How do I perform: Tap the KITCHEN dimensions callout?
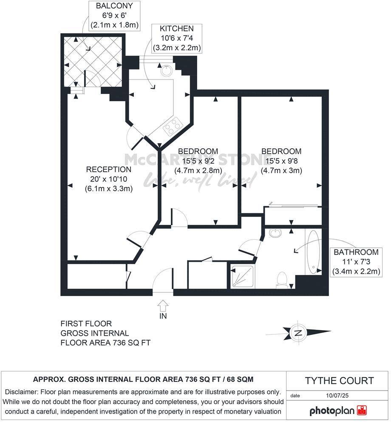pyautogui.click(x=176, y=38)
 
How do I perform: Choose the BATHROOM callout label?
pyautogui.click(x=356, y=261)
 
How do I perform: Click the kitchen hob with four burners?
pyautogui.click(x=172, y=127)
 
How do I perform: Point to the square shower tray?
pyautogui.click(x=242, y=277)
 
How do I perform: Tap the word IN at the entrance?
pyautogui.click(x=163, y=316)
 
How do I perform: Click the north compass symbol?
pyautogui.click(x=299, y=332)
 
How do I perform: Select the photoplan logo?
pyautogui.click(x=338, y=411)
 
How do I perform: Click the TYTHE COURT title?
pyautogui.click(x=339, y=381)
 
